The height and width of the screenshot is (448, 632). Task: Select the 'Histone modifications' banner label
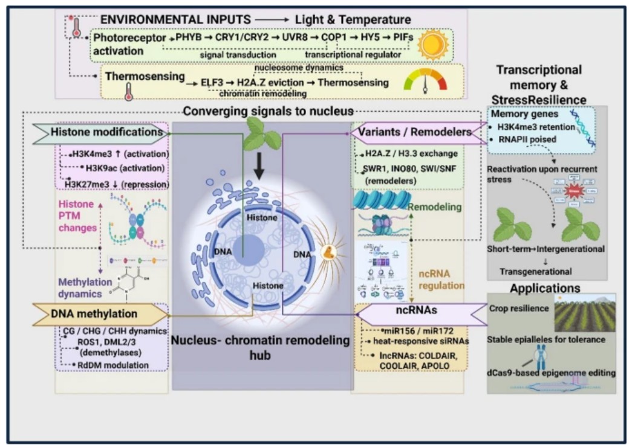point(109,132)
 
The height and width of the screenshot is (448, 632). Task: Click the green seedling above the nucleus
point(259,134)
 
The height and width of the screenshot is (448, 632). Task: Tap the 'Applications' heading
point(545,288)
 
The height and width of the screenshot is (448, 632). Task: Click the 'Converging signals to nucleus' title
point(268,111)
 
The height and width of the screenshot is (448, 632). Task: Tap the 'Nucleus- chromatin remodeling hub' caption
point(261,347)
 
